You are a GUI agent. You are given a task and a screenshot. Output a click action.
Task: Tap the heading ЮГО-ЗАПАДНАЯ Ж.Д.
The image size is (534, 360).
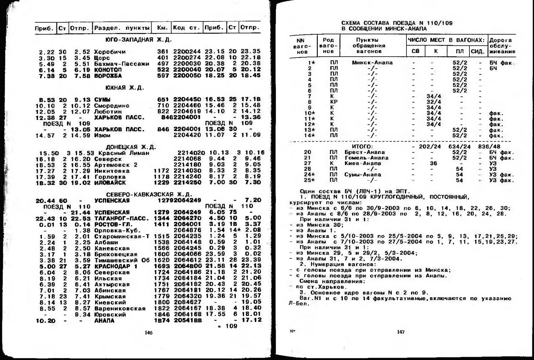click(x=138, y=40)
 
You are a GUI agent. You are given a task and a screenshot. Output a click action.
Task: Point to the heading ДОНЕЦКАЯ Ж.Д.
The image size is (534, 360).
click(x=131, y=147)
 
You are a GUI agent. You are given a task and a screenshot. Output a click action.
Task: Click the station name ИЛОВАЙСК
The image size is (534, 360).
click(x=110, y=183)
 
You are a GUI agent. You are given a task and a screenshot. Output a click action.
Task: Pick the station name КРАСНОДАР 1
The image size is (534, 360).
click(x=116, y=266)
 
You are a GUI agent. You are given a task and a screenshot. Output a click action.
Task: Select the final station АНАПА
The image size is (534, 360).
click(x=104, y=321)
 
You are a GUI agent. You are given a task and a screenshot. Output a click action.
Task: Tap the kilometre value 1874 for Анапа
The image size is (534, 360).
click(x=162, y=321)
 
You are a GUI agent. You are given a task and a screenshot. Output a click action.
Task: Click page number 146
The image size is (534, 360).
click(x=149, y=333)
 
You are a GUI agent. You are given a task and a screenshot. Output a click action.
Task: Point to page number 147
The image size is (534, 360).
click(x=401, y=332)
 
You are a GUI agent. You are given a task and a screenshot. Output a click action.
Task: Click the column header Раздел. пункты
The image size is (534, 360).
click(x=122, y=28)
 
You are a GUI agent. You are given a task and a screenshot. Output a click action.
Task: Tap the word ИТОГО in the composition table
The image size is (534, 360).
click(x=362, y=147)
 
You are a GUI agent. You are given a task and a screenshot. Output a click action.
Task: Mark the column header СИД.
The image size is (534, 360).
click(x=478, y=51)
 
